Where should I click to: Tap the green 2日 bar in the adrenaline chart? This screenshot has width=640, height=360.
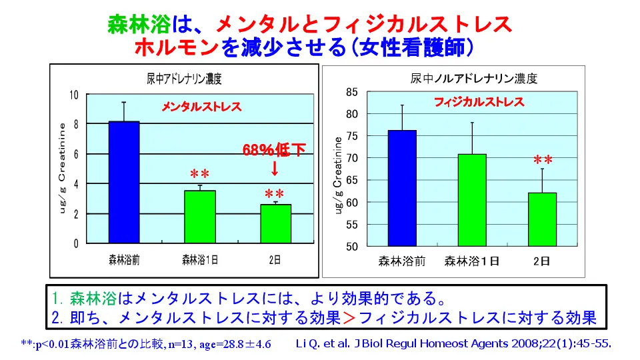click(x=275, y=223)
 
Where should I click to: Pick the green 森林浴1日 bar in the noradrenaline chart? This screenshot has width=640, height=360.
click(x=471, y=200)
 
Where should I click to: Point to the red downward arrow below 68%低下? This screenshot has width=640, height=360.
click(x=275, y=169)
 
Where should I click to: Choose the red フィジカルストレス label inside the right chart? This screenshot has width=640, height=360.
click(x=479, y=103)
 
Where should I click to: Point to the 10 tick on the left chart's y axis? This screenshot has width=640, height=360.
click(x=75, y=95)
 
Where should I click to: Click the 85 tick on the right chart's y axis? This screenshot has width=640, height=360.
click(x=352, y=92)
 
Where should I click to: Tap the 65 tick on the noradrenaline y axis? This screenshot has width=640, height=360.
click(x=352, y=180)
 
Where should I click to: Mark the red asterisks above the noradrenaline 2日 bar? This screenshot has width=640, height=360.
click(x=543, y=161)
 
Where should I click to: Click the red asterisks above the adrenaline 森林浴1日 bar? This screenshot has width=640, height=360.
click(x=199, y=174)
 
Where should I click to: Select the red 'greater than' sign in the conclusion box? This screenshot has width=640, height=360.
click(x=349, y=316)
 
